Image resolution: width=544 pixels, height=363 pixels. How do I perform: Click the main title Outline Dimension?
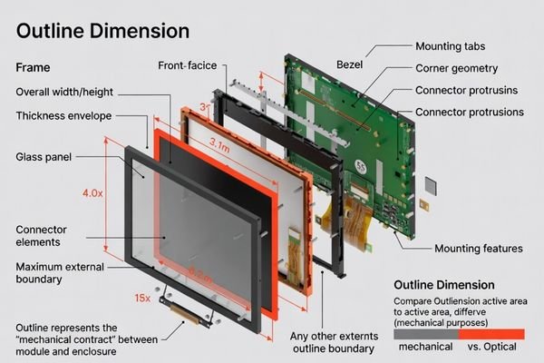[103, 31]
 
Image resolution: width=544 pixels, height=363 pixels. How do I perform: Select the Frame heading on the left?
[34, 67]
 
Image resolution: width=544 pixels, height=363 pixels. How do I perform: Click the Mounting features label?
[478, 249]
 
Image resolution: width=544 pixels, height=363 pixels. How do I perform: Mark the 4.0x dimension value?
[92, 193]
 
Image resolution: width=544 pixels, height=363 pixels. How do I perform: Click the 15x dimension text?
[141, 298]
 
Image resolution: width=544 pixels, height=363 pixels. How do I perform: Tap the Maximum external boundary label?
[59, 273]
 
